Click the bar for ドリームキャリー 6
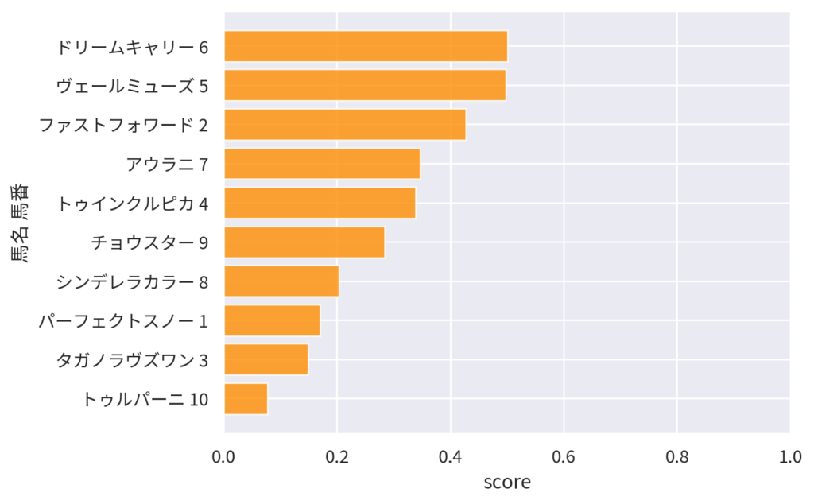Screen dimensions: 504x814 [366, 46]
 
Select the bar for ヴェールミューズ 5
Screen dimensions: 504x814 [365, 85]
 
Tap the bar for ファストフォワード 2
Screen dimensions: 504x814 [345, 125]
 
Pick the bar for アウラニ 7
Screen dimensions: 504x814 [322, 164]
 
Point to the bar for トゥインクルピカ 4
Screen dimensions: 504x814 [320, 203]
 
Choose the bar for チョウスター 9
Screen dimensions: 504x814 [304, 242]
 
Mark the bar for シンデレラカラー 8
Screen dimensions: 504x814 [281, 281]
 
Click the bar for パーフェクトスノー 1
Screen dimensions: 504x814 [272, 320]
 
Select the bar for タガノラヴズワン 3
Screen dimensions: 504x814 [266, 359]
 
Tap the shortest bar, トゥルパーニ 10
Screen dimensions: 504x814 [246, 399]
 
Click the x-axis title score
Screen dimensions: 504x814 [507, 482]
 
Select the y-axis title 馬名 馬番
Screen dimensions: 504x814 [20, 223]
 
